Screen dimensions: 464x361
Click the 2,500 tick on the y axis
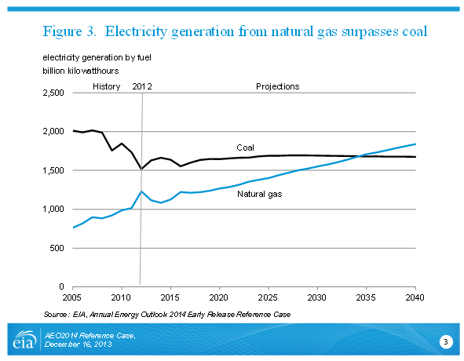click(53, 93)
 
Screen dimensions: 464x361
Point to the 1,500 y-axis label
click(53, 170)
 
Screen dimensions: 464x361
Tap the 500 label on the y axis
click(57, 248)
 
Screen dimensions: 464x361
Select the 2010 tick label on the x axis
click(121, 297)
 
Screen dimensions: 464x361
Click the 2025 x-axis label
click(268, 297)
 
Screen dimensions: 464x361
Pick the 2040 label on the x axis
click(415, 297)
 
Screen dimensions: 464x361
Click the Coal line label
click(245, 148)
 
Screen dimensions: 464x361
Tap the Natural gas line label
click(260, 194)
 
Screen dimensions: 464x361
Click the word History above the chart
click(107, 86)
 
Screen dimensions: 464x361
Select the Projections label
click(278, 86)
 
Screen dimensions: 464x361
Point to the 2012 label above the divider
click(142, 86)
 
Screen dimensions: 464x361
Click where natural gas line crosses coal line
click(360, 156)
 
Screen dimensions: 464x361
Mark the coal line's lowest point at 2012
click(142, 170)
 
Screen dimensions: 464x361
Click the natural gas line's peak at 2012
click(141, 191)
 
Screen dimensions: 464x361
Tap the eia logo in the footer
click(24, 340)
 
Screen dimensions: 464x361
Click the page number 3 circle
click(446, 342)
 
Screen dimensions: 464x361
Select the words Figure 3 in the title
click(70, 31)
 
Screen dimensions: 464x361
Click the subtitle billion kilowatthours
click(81, 71)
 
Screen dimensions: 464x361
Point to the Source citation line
click(167, 314)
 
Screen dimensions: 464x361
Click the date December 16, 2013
click(79, 345)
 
